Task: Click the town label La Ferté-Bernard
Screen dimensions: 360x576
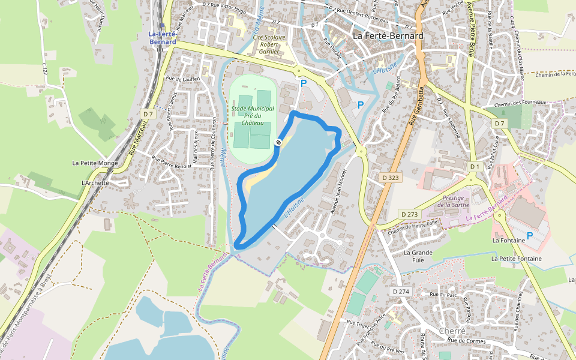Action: pos(388,36)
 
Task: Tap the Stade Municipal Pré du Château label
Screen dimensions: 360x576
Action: pos(253,115)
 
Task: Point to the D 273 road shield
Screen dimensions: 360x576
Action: pos(409,214)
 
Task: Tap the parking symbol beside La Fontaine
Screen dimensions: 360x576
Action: pos(530,236)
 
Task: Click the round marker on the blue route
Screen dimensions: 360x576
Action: pos(278,142)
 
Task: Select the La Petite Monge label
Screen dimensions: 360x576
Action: pos(95,163)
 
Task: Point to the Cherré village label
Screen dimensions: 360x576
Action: pos(452,331)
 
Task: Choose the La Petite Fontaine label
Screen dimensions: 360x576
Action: pos(516,259)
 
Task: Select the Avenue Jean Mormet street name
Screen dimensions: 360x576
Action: pos(340,190)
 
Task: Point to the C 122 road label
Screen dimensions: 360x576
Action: pos(44,67)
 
